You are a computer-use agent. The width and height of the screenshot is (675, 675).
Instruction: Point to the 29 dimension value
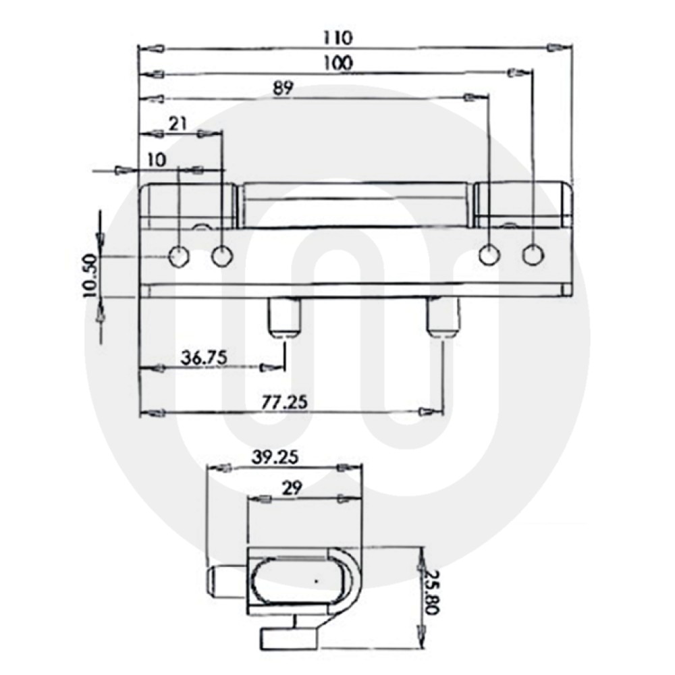(x=292, y=487)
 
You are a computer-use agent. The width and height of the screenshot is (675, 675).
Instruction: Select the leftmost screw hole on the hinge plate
(x=179, y=256)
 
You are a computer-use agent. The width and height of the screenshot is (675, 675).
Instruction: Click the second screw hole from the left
(x=222, y=256)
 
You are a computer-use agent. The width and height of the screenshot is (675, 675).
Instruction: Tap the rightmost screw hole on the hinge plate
(x=533, y=255)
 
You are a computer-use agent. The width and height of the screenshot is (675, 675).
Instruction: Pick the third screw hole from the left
(x=489, y=255)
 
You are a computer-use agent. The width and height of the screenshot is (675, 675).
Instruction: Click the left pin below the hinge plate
(x=283, y=317)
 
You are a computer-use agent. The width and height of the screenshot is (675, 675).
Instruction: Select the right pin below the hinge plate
(x=443, y=317)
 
